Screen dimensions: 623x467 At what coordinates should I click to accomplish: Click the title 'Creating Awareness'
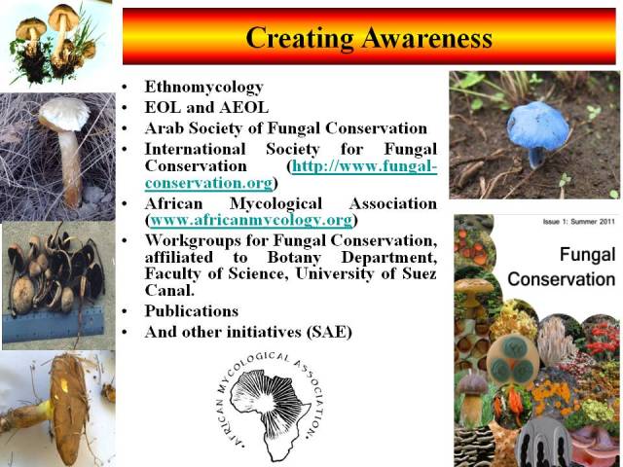pyautogui.click(x=369, y=38)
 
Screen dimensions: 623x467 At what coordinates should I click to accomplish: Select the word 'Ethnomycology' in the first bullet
pyautogui.click(x=203, y=88)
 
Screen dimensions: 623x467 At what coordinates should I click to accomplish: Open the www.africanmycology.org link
pyautogui.click(x=251, y=220)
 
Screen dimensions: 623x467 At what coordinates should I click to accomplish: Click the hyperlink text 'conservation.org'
pyautogui.click(x=209, y=183)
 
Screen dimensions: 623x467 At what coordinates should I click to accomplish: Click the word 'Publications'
pyautogui.click(x=192, y=311)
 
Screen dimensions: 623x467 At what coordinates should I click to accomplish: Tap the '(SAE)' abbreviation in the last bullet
pyautogui.click(x=329, y=332)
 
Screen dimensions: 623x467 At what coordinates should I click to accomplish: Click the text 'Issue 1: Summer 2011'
pyautogui.click(x=579, y=222)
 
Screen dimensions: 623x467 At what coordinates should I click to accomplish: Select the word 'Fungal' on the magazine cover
pyautogui.click(x=587, y=255)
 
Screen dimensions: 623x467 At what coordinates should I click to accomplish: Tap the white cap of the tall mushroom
pyautogui.click(x=64, y=115)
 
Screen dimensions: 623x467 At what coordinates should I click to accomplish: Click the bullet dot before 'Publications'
pyautogui.click(x=126, y=311)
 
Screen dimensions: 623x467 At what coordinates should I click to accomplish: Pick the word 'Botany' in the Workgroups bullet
pyautogui.click(x=294, y=258)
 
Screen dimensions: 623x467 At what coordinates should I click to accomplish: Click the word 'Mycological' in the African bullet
pyautogui.click(x=275, y=204)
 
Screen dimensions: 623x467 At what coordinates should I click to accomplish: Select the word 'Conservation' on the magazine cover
pyautogui.click(x=562, y=279)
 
